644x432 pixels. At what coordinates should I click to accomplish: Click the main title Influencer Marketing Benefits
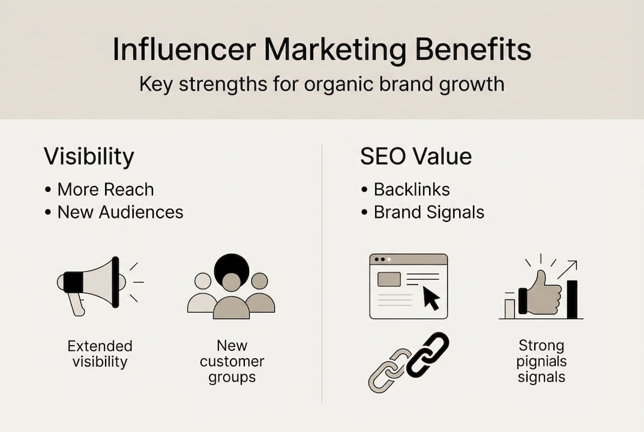pos(322,50)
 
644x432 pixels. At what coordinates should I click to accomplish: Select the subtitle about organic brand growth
pos(322,83)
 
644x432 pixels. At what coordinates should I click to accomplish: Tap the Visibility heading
pos(89,157)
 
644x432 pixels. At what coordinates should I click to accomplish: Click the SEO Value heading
pos(415,157)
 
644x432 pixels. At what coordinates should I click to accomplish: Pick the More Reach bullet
pos(105,190)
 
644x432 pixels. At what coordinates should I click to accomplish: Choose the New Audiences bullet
pos(120,212)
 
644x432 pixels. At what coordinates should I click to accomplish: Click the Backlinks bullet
pos(411,190)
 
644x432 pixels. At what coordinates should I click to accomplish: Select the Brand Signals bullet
pos(429,212)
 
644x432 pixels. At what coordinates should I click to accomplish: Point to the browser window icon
pos(408,286)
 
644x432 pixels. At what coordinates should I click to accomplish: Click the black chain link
pos(427,355)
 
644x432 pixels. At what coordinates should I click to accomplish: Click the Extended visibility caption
pos(100,354)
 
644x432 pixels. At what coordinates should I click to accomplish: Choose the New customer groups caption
pos(232,361)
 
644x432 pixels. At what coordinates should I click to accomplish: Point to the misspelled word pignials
pos(541,362)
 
